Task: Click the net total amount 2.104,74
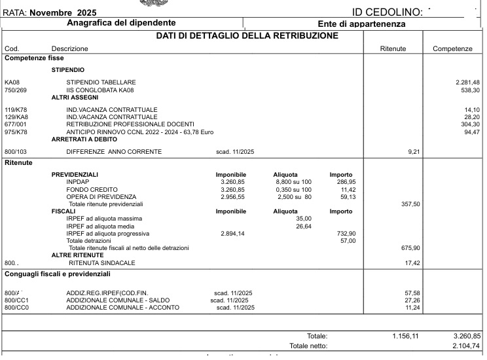tap(466, 346)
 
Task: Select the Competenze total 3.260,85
tap(466, 336)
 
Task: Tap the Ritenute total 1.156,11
tap(405, 336)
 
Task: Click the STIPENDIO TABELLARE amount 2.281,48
tap(468, 82)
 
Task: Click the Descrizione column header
tap(69, 49)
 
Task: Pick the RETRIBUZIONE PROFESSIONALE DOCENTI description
tap(130, 124)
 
